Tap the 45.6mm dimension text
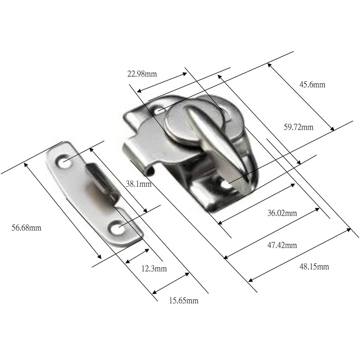click(x=312, y=85)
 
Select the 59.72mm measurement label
click(x=298, y=127)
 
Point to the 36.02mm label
click(x=282, y=213)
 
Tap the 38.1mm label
click(x=138, y=184)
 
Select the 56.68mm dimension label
click(x=26, y=228)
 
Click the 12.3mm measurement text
click(x=154, y=269)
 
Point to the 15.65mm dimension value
click(x=183, y=301)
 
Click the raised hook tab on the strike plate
click(x=101, y=180)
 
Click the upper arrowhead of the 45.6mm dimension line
click(x=270, y=64)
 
